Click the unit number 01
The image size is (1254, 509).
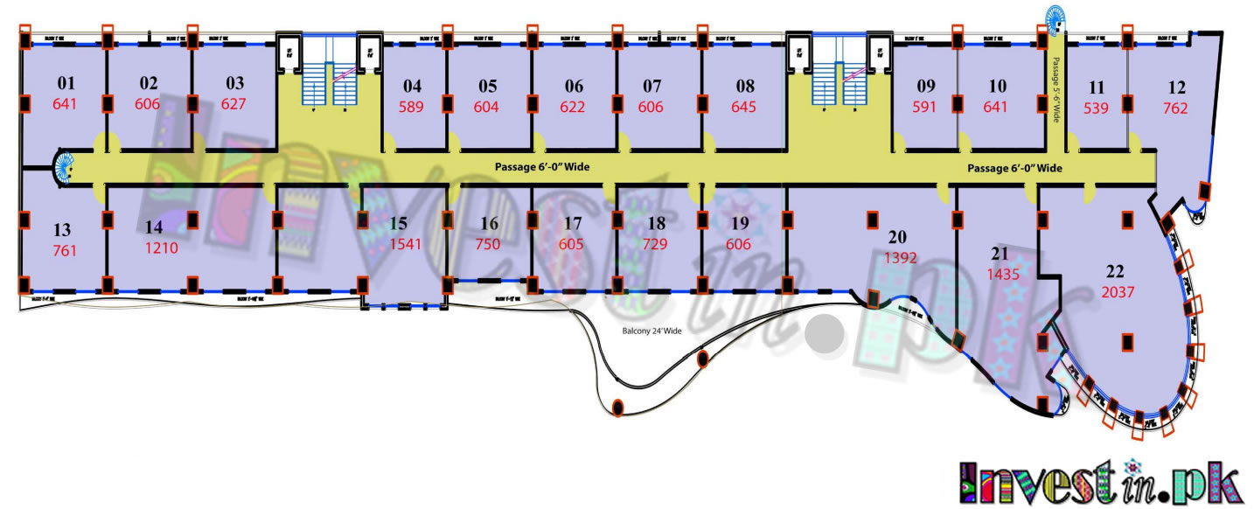66,84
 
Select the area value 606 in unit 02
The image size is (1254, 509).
149,104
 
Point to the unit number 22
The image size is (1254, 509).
1115,271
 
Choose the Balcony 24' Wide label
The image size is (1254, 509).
651,331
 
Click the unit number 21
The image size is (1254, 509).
1000,254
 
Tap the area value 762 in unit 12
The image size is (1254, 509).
1176,108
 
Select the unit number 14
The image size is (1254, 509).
154,227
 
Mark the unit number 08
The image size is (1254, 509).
745,87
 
